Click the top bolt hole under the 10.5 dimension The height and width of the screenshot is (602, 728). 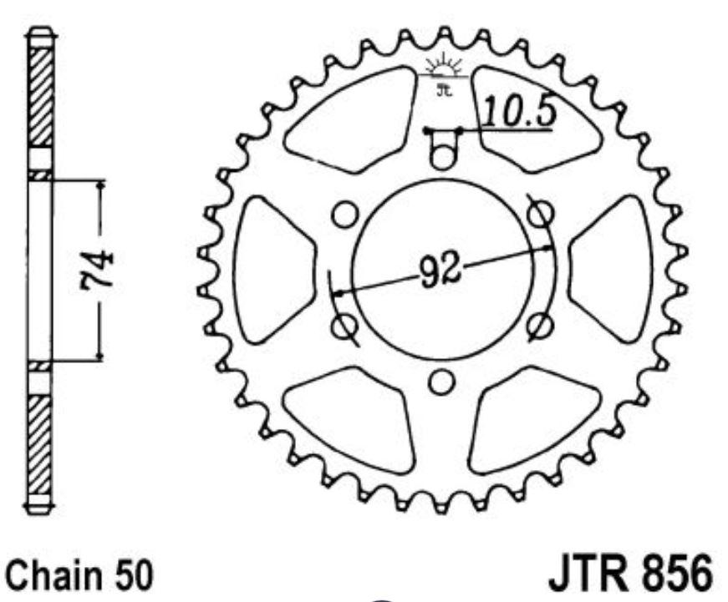click(443, 155)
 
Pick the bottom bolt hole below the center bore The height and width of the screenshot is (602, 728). click(442, 381)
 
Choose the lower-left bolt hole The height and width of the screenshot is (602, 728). click(344, 326)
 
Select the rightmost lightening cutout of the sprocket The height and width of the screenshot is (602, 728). click(614, 271)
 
